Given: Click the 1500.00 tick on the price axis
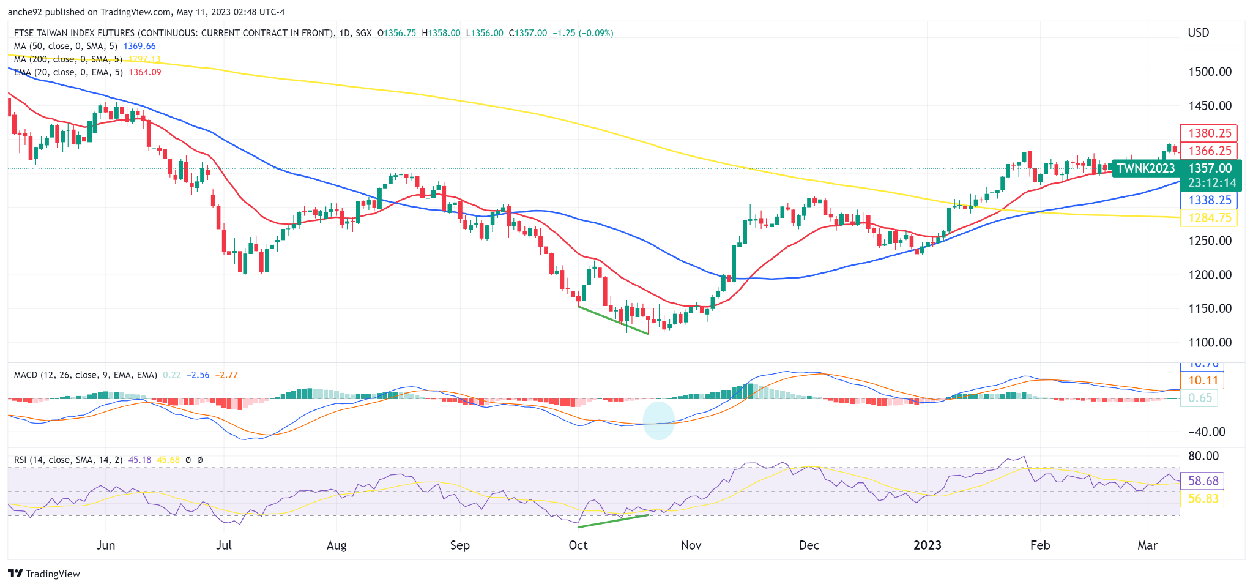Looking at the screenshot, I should (x=1210, y=72).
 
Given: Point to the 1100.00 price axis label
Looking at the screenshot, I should (x=1210, y=343).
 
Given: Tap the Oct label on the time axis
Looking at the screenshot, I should (x=578, y=545).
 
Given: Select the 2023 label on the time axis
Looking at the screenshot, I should (x=927, y=545).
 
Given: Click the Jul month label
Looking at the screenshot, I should (x=223, y=545).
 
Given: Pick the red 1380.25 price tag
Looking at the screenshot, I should (x=1209, y=133).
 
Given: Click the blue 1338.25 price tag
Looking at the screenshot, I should (x=1209, y=200).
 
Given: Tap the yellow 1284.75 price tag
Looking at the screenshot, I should (x=1209, y=218).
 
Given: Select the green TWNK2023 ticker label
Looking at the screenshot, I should (x=1145, y=168).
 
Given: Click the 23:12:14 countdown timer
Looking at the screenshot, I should (x=1211, y=183).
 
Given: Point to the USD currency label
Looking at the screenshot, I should (x=1198, y=32).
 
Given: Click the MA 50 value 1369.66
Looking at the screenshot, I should (x=139, y=46).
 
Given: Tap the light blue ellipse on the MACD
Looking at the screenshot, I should (x=659, y=420).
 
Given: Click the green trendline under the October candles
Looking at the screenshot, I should (x=613, y=320).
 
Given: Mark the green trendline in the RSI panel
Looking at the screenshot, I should (x=613, y=520).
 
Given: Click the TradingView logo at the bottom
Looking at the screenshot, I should (x=44, y=574).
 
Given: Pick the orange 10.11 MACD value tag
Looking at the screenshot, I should (x=1203, y=381).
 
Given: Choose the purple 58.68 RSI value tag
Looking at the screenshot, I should (x=1203, y=481).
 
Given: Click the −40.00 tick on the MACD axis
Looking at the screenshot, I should (x=1207, y=432).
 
